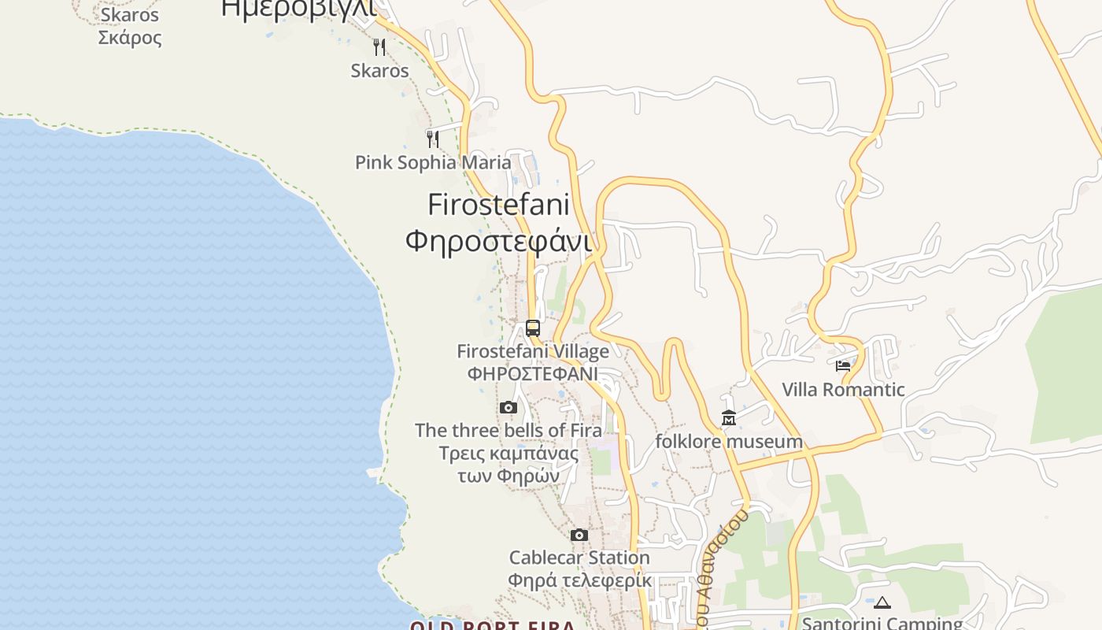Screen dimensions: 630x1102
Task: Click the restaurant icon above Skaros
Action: (379, 47)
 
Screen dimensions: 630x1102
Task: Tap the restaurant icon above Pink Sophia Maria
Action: (432, 139)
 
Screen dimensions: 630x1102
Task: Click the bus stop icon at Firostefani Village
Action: (533, 328)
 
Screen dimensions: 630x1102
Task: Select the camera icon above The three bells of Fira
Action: (508, 408)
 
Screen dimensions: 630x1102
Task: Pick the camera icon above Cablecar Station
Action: (579, 535)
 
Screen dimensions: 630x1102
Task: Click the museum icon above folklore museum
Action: (729, 418)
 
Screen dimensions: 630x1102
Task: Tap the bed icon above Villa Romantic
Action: (843, 366)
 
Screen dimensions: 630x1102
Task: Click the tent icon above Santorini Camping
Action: (882, 603)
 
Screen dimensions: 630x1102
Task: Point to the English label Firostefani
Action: (498, 205)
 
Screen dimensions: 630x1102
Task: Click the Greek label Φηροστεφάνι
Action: (498, 240)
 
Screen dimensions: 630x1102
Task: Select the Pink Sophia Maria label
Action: (433, 163)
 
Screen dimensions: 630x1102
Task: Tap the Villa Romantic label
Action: (843, 390)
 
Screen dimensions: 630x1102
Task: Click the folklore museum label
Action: (729, 442)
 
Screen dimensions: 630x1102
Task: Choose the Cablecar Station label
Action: (579, 558)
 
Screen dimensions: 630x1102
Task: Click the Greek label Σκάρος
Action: (130, 38)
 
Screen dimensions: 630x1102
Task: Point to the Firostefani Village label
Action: (533, 351)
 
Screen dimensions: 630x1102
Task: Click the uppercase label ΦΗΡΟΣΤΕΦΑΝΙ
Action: (533, 373)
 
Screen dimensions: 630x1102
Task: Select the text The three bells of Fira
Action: (508, 431)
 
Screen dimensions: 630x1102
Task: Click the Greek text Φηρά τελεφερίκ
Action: (579, 581)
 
